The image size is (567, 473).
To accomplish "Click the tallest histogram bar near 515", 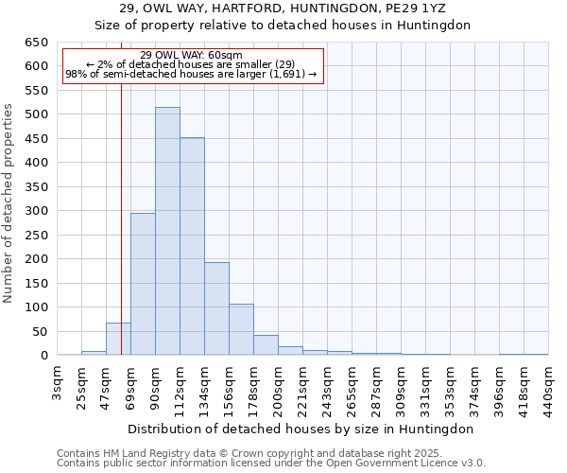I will (x=167, y=232).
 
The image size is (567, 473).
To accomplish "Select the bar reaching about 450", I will (x=192, y=247).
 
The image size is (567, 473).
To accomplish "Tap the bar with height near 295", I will (x=143, y=284).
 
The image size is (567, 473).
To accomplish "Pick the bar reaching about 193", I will (x=216, y=308).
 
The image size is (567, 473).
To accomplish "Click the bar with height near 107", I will (x=241, y=329).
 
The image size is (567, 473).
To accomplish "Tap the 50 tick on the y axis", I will (x=40, y=331).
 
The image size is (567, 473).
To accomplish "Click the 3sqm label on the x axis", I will (x=58, y=382).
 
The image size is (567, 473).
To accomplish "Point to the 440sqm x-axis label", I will (x=549, y=386).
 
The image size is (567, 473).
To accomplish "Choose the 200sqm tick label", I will (x=279, y=386).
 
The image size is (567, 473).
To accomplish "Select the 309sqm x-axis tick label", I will (x=402, y=386).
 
